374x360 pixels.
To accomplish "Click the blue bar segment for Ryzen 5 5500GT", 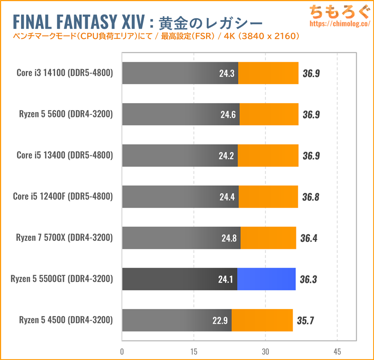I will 266,279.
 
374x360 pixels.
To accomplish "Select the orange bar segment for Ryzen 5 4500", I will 262,320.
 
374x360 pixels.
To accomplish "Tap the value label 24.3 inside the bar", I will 227,73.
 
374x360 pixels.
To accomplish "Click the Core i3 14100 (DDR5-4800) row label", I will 64,73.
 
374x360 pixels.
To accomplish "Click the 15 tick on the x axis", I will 194,351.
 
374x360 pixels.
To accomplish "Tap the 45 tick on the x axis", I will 337,351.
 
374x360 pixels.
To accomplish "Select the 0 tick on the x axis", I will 122,351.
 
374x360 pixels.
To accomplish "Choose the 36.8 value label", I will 311,197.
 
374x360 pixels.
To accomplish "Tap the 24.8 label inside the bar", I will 230,238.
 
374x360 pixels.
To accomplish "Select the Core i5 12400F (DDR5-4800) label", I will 63,197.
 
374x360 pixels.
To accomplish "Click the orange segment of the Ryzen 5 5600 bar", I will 269,114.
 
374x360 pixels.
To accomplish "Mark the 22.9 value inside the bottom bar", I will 220,320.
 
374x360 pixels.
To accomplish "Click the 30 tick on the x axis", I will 265,351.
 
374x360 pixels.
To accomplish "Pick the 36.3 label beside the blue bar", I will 309,279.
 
